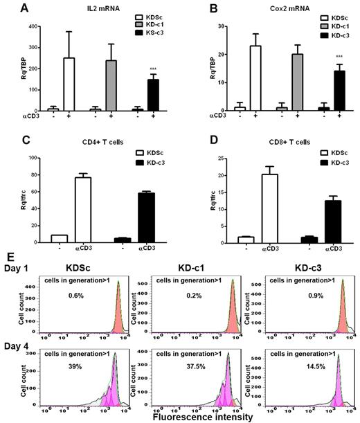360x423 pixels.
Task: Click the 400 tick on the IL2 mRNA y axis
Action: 27,26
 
